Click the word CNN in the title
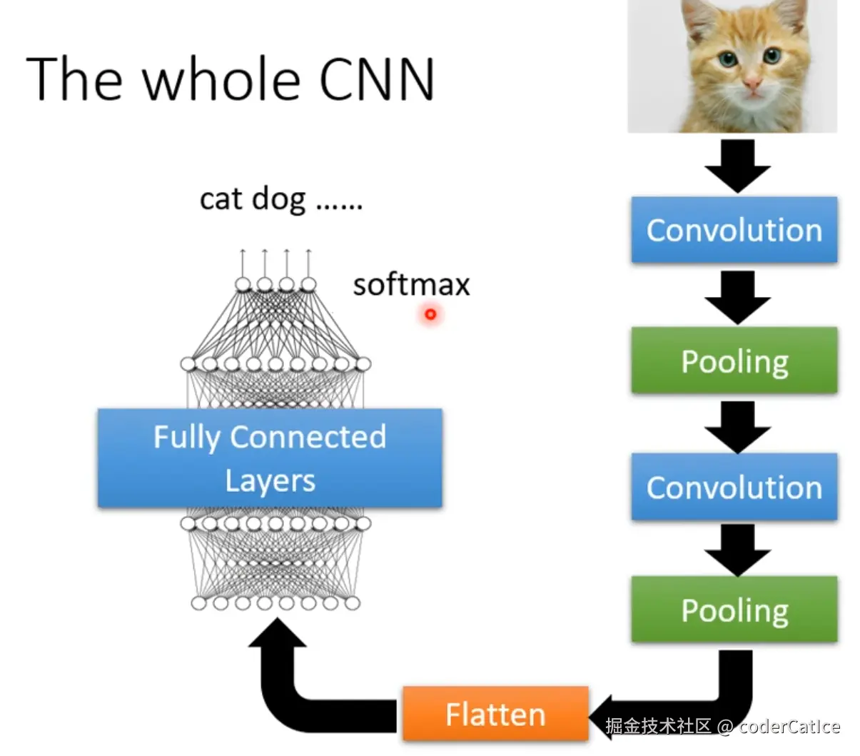(376, 79)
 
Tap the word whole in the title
(222, 79)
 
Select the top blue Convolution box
(734, 230)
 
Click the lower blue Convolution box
(734, 488)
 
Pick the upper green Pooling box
(734, 361)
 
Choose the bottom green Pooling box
(734, 610)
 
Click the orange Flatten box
(495, 714)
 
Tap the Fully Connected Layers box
(270, 458)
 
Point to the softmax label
(411, 285)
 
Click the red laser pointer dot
(430, 313)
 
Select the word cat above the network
(221, 199)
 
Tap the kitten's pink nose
(753, 84)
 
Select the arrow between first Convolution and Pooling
(737, 296)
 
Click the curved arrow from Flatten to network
(285, 685)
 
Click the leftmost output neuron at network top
(243, 285)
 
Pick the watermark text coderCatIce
(789, 727)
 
